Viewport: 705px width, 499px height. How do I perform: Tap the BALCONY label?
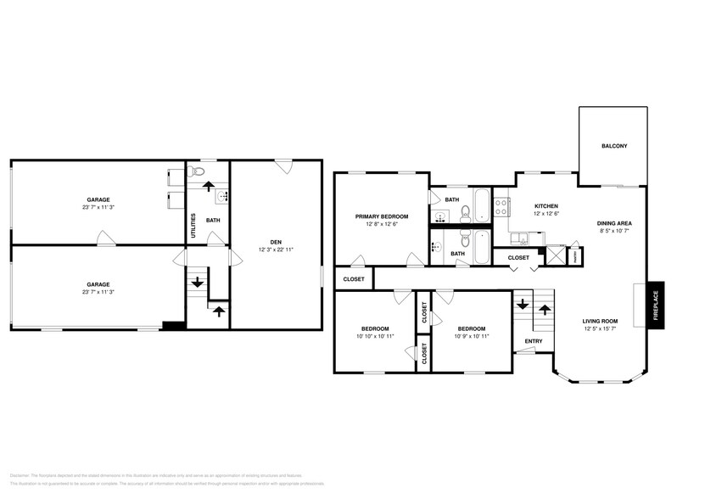[614, 146]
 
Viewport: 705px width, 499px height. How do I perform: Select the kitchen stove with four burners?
[501, 204]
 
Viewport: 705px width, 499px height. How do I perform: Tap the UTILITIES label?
[193, 225]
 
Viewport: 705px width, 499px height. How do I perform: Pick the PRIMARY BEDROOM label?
[381, 216]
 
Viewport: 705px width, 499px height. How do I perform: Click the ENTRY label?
[534, 342]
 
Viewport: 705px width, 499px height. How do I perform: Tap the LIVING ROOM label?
[600, 321]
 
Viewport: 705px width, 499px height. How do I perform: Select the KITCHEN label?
[546, 206]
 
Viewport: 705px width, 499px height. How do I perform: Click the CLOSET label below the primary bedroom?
[354, 279]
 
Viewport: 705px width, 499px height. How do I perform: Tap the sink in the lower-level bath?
[222, 198]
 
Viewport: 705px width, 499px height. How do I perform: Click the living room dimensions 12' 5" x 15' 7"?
[600, 329]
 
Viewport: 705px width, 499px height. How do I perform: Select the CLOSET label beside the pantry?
[518, 257]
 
